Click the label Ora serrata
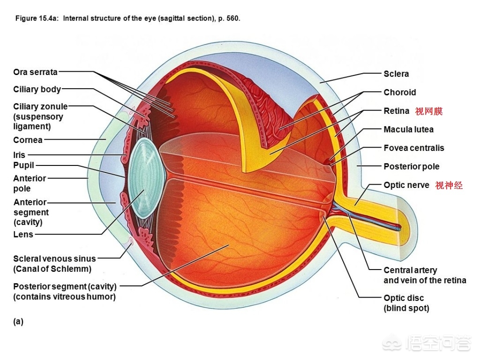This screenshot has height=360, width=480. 35,72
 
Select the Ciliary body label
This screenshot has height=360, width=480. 37,90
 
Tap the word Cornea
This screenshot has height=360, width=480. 28,140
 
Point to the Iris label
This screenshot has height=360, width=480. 19,155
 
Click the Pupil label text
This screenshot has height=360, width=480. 24,165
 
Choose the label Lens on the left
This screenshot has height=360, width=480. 23,234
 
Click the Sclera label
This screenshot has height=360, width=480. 396,74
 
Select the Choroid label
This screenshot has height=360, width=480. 399,92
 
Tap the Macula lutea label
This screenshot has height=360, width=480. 408,129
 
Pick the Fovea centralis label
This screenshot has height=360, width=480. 413,148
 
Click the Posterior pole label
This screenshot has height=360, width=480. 411,166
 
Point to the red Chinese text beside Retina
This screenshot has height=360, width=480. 428,111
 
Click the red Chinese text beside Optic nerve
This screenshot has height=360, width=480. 449,185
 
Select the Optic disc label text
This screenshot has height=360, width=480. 403,298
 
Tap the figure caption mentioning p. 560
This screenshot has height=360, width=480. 127,19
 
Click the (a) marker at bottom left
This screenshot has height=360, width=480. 18,322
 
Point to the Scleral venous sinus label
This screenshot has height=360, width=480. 54,259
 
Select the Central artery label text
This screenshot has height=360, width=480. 410,270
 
